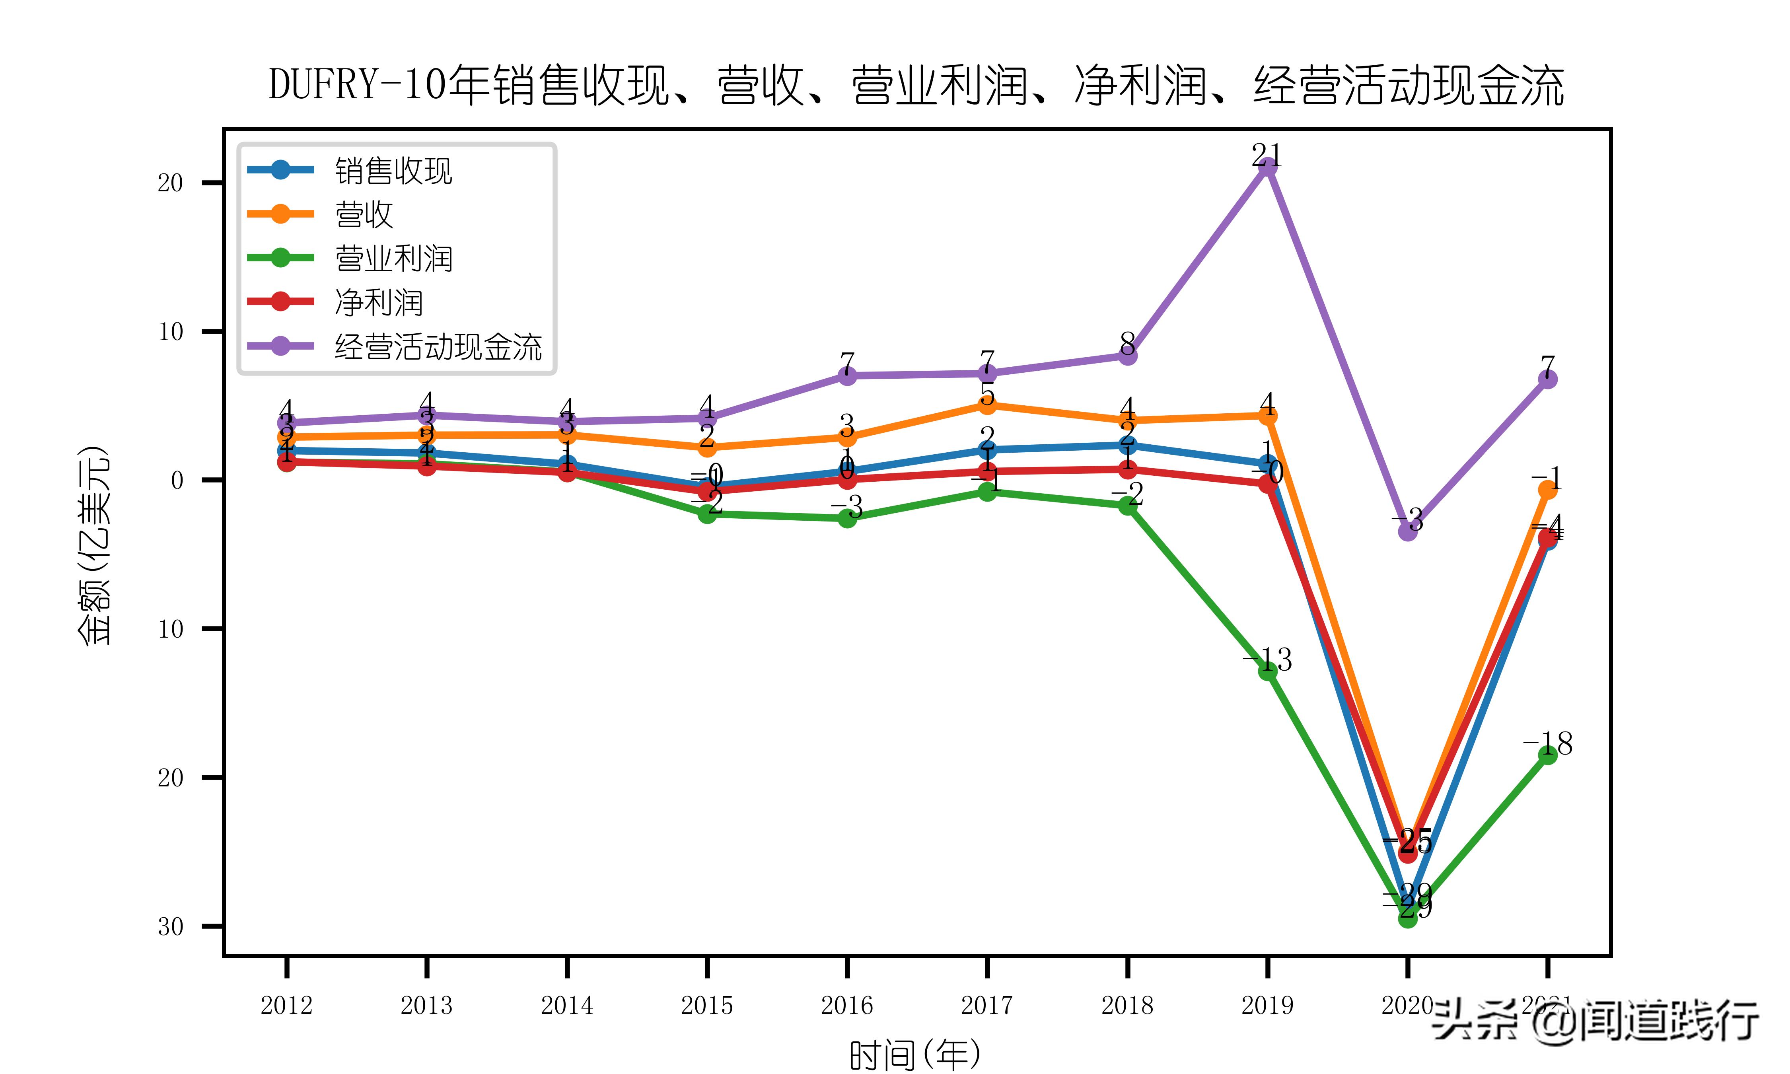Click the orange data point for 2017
click(x=987, y=405)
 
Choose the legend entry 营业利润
click(x=393, y=259)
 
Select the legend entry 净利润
click(x=378, y=303)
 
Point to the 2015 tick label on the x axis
click(x=707, y=1005)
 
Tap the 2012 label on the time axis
click(x=286, y=1005)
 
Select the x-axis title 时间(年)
click(x=915, y=1055)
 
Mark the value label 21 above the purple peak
click(x=1267, y=154)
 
